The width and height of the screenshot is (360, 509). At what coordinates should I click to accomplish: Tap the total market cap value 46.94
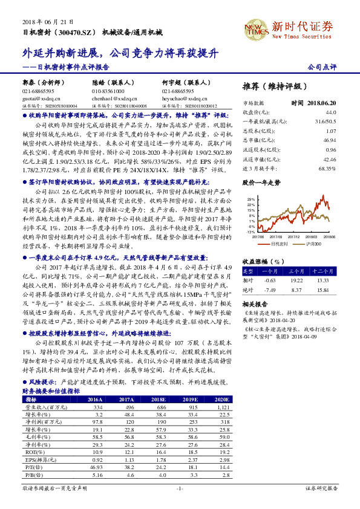[329, 140]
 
